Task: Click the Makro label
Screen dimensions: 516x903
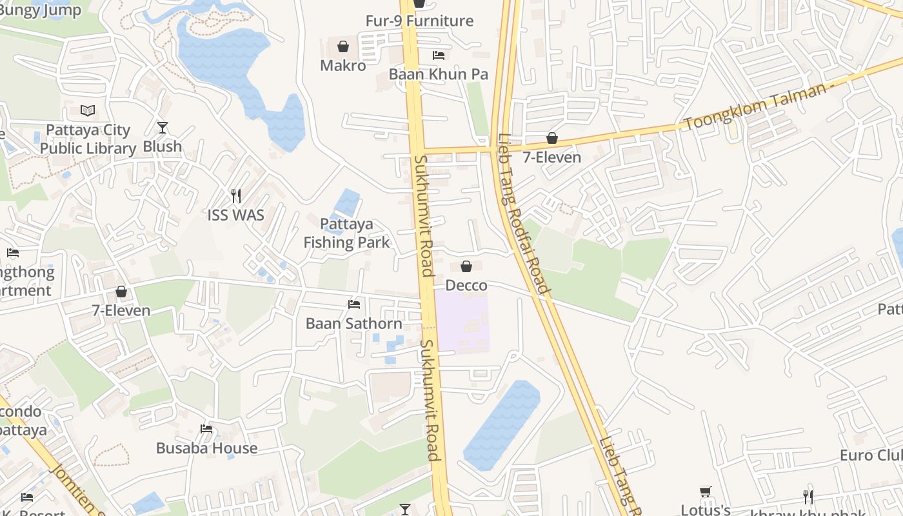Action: (342, 66)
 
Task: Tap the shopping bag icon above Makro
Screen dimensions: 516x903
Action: (343, 46)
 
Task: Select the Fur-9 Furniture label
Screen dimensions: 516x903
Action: (419, 21)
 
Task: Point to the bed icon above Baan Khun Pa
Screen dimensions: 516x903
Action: (439, 55)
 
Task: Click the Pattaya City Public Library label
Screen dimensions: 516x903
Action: (88, 139)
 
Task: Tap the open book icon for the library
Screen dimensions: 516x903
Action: (88, 111)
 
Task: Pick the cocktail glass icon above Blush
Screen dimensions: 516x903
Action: (163, 128)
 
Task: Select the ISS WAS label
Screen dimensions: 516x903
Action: (236, 215)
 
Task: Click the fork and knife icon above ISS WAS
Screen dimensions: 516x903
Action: (236, 195)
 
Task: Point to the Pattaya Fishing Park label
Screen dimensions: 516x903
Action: (347, 233)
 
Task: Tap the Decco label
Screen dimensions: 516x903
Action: (466, 285)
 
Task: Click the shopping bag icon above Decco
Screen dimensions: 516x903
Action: (466, 266)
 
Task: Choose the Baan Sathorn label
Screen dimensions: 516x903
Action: (354, 323)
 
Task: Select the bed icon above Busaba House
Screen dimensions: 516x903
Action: (206, 429)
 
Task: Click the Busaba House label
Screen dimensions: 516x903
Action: (206, 448)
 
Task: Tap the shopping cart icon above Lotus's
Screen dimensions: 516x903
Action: (706, 492)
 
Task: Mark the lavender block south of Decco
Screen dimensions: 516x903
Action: (461, 321)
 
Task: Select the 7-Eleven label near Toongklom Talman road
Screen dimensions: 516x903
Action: (551, 157)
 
